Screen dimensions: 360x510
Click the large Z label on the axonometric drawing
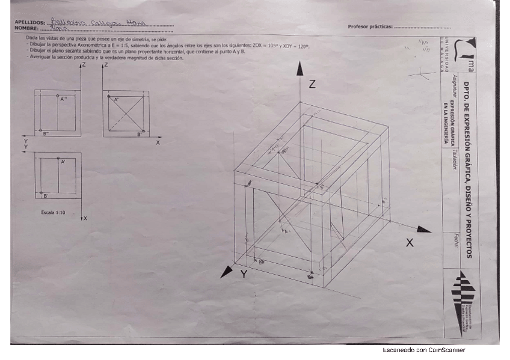tap(312, 85)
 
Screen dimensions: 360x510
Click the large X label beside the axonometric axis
tap(410, 243)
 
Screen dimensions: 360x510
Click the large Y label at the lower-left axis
tap(244, 275)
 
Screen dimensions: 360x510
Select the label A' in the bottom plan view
tap(63, 162)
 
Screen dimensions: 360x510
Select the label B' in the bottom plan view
tap(46, 196)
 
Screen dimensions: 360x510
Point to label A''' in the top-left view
tap(63, 99)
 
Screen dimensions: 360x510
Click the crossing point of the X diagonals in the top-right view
tap(127, 113)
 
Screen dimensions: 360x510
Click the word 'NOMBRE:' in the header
tap(26, 28)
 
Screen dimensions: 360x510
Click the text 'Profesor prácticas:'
tap(370, 26)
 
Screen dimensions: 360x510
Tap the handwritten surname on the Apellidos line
tap(96, 22)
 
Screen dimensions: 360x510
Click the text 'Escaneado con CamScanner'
tap(423, 350)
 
